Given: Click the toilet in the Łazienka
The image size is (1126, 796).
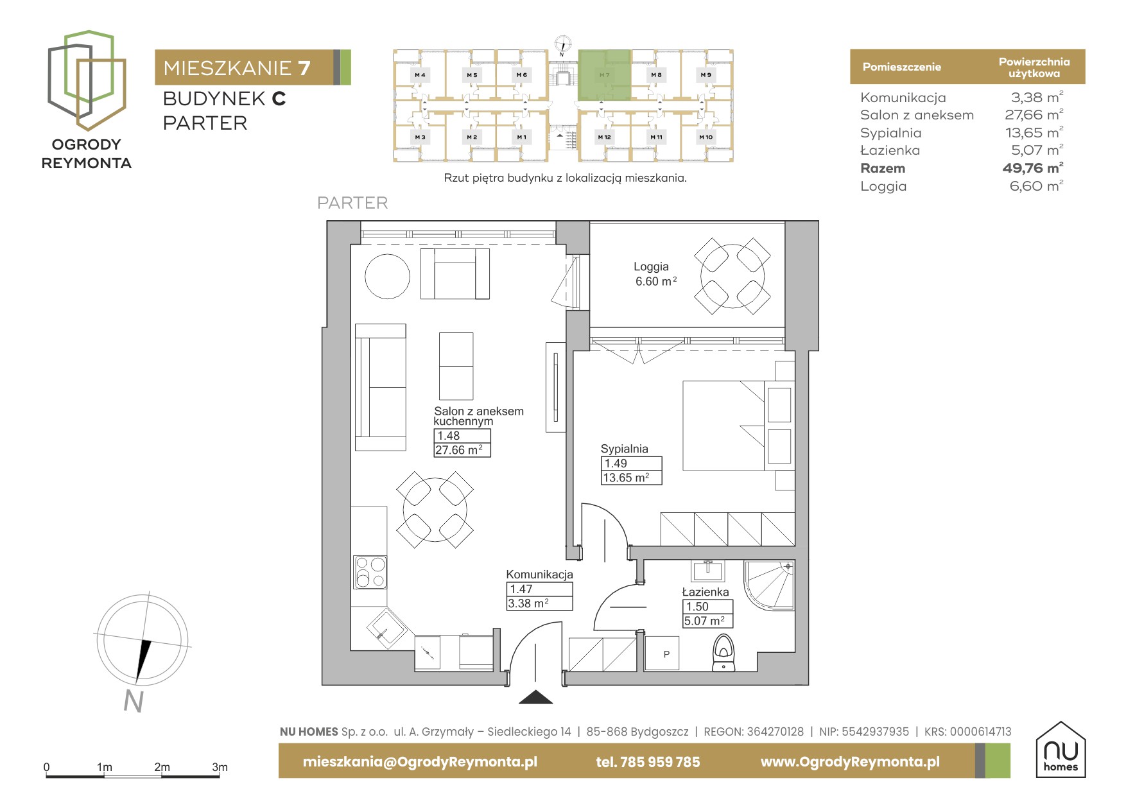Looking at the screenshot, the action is (x=724, y=653).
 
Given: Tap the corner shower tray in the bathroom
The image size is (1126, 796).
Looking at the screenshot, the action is (x=769, y=585).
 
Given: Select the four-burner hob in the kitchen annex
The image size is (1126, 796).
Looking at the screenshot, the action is (x=370, y=572).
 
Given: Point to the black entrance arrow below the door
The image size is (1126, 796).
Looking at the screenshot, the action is (x=535, y=697).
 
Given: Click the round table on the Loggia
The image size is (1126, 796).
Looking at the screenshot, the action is (x=732, y=276).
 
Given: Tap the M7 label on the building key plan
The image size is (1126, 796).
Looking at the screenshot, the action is (x=604, y=75).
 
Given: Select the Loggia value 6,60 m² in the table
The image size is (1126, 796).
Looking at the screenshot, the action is (x=1036, y=186).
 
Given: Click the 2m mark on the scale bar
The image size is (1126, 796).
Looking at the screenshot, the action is (x=162, y=767).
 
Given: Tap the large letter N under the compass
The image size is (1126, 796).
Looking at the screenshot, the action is (x=134, y=701).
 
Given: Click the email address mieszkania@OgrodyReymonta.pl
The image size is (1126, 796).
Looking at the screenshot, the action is (x=420, y=762).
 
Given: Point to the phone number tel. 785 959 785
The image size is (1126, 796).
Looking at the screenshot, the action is (x=648, y=762).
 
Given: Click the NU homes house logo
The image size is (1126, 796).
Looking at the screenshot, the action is (x=1061, y=749).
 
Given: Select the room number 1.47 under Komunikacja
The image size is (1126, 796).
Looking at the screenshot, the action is (x=521, y=589).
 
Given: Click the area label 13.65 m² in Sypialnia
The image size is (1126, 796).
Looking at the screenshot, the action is (x=626, y=478).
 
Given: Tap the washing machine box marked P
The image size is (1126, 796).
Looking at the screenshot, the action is (x=662, y=653).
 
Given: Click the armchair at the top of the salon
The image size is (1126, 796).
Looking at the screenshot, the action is (x=455, y=273).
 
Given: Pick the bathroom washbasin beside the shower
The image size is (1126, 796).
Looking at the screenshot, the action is (x=708, y=570).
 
